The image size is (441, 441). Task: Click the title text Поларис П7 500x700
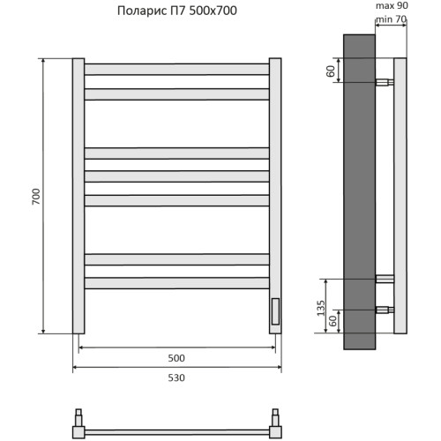pyautogui.click(x=177, y=11)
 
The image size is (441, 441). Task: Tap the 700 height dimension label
pyautogui.click(x=36, y=197)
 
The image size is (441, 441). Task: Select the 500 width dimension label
pyautogui.click(x=176, y=358)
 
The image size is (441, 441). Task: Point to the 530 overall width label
pyautogui.click(x=176, y=377)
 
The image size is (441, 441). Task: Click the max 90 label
pyautogui.click(x=392, y=5)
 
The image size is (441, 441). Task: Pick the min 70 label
pyautogui.click(x=391, y=19)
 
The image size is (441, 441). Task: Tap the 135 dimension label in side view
pyautogui.click(x=321, y=308)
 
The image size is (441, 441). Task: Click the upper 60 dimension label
pyautogui.click(x=331, y=71)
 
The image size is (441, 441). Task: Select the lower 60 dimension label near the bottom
pyautogui.click(x=333, y=321)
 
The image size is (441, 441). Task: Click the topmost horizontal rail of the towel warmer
pyautogui.click(x=176, y=70)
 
